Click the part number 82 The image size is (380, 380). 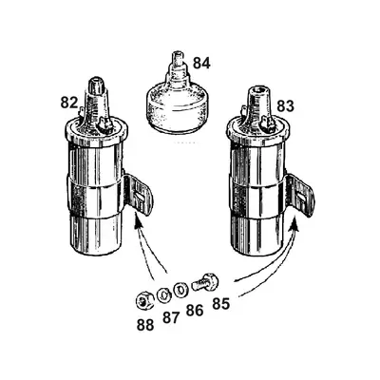pyautogui.click(x=68, y=101)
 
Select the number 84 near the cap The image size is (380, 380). pyautogui.click(x=201, y=65)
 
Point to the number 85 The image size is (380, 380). pyautogui.click(x=221, y=306)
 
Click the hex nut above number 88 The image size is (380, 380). pyautogui.click(x=142, y=300)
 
